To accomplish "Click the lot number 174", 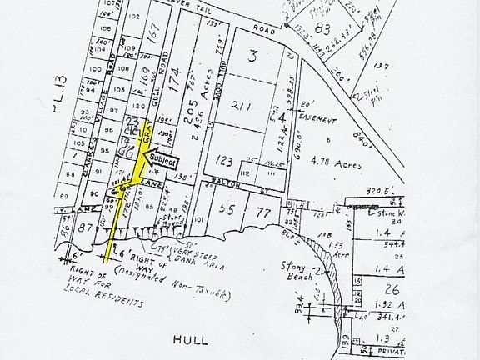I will point(175,82).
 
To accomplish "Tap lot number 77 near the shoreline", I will point(263,212).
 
